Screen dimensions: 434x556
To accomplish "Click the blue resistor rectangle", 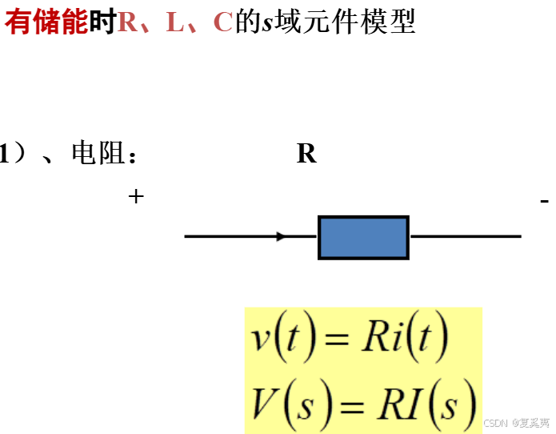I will (x=363, y=237).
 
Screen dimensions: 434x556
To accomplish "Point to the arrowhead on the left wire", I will (x=280, y=236).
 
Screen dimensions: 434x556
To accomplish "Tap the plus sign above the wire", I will (x=136, y=195).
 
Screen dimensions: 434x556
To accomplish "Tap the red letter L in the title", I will (x=174, y=22).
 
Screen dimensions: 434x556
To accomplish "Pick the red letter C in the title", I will (x=223, y=22).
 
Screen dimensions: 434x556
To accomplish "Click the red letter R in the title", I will (x=127, y=22).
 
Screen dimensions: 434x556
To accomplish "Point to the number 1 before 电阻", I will (x=6, y=153).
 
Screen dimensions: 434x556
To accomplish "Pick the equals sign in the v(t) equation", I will (x=337, y=340).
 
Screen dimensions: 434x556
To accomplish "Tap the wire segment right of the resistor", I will (x=465, y=237).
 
